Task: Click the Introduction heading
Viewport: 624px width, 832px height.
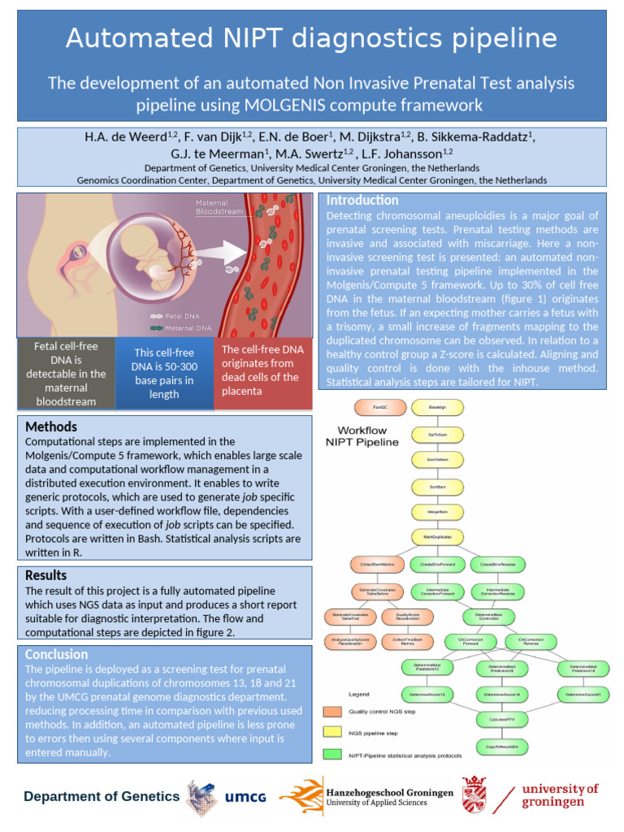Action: coord(362,201)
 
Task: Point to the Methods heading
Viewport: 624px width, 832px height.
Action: coord(51,427)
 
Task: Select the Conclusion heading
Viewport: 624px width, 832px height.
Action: coord(56,654)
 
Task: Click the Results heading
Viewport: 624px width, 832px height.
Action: coord(45,575)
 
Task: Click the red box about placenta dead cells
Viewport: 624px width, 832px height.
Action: coord(264,371)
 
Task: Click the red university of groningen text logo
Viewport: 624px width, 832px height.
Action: coord(560,795)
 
